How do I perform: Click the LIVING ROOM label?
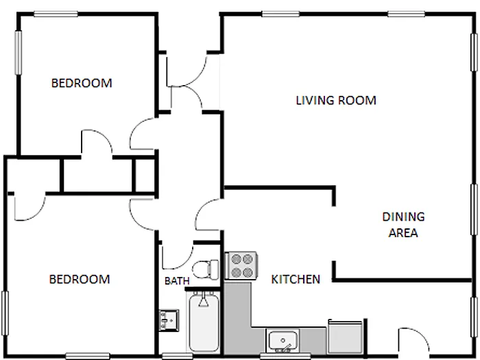(x=336, y=101)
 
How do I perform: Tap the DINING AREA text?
(x=403, y=225)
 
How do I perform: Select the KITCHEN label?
(x=296, y=280)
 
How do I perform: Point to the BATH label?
(x=177, y=281)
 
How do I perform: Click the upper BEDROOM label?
(x=82, y=84)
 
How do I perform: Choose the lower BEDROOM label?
(x=80, y=280)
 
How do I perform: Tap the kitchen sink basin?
(x=282, y=340)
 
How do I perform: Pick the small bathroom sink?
(x=167, y=320)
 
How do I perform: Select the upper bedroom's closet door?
(x=96, y=143)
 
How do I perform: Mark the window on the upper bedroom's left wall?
(x=18, y=51)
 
